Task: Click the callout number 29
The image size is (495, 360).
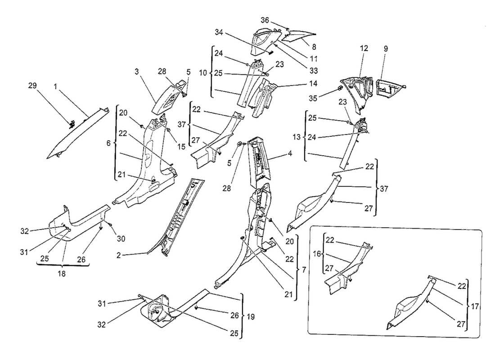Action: pyautogui.click(x=44, y=85)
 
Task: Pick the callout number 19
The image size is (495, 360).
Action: pyautogui.click(x=250, y=317)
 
